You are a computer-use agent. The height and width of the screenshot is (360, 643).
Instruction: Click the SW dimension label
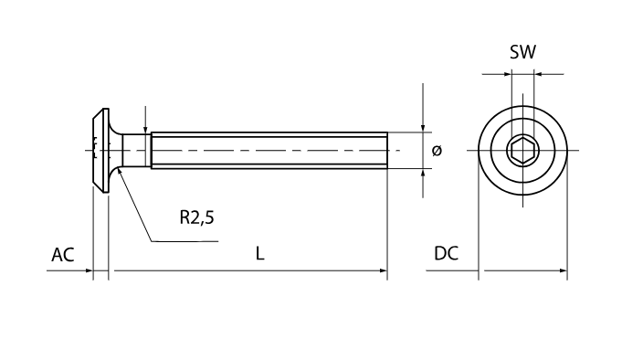(x=522, y=52)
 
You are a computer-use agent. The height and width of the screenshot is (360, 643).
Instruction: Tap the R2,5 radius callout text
(x=197, y=217)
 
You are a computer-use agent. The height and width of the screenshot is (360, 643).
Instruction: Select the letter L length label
(x=259, y=254)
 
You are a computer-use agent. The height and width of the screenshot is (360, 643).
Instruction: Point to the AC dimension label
(x=63, y=255)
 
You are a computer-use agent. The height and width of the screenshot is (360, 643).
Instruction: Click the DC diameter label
(x=446, y=254)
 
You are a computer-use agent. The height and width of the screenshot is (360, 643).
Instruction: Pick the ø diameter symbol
(x=437, y=151)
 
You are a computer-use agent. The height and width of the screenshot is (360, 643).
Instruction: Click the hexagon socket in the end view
(x=522, y=151)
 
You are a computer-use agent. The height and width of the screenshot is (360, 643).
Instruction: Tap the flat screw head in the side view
(x=100, y=151)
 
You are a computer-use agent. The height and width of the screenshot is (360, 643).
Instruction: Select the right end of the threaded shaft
(x=387, y=151)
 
